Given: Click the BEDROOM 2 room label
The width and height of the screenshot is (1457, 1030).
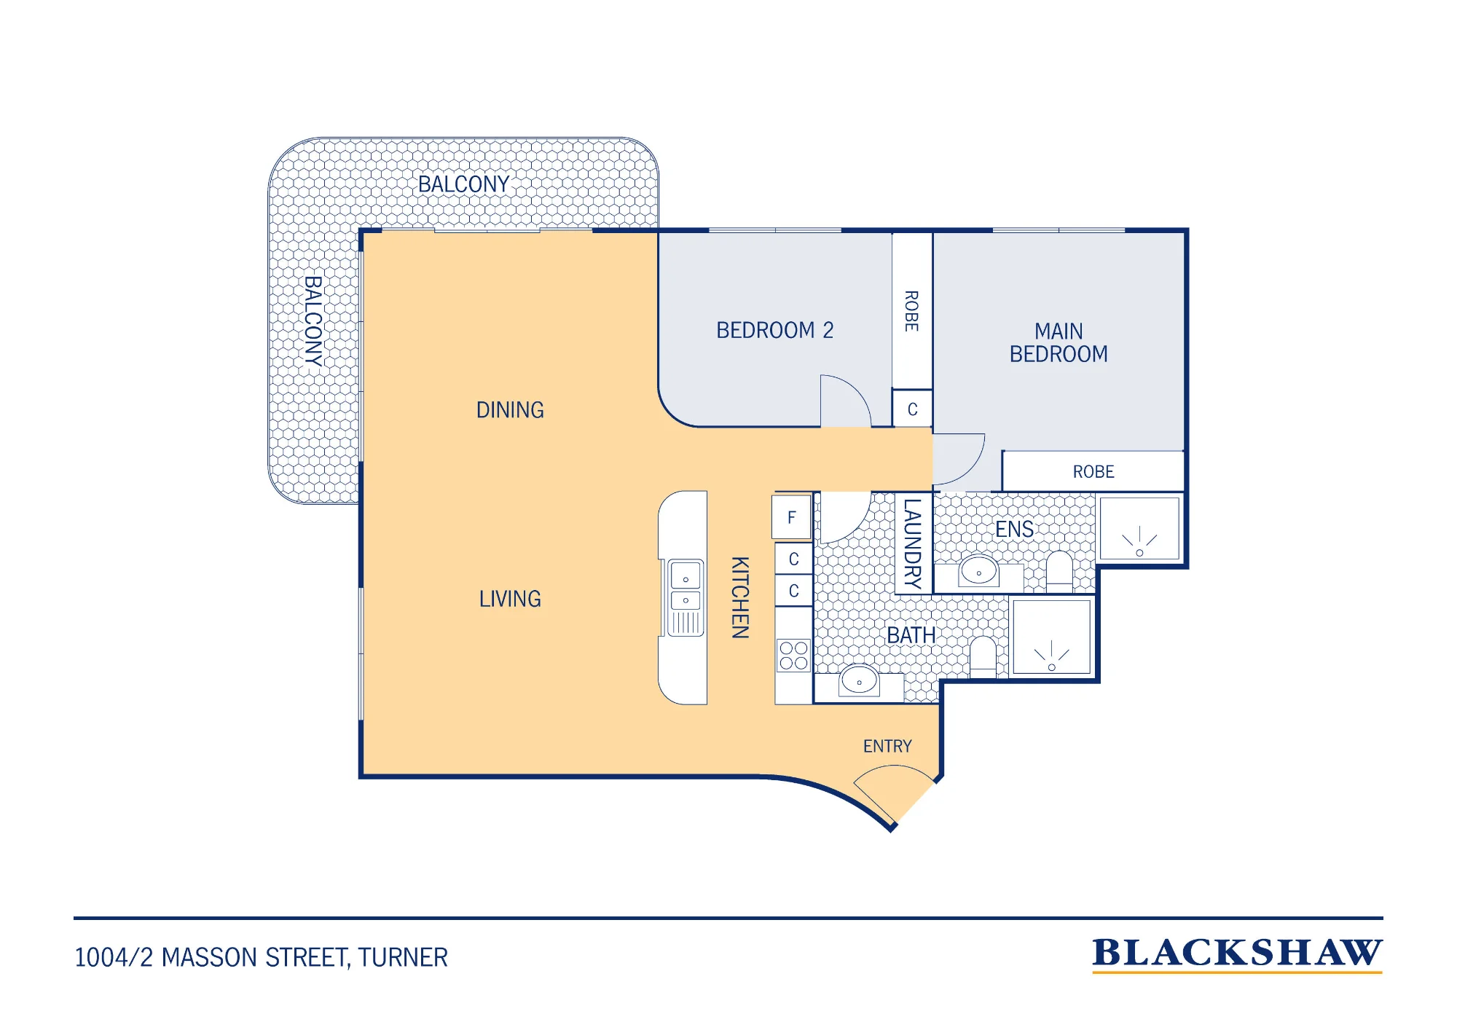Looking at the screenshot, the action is pos(774,330).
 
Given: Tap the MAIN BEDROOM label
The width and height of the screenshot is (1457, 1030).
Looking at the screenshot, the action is pos(1059,342).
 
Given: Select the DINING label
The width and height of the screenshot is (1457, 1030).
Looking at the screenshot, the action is pos(510,410).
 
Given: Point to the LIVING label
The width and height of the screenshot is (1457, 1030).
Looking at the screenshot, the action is pos(510,599).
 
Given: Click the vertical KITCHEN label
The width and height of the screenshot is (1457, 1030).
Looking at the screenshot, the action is pos(740,597).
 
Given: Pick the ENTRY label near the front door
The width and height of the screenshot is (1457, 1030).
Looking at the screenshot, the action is pos(887,746).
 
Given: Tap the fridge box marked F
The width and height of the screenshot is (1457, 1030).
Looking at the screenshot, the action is pos(792,517).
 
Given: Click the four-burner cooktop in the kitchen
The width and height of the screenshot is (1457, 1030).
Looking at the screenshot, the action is pos(793,655).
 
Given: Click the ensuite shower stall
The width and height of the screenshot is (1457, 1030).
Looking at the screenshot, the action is pos(1139,529).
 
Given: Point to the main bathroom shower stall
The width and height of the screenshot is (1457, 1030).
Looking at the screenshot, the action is pos(1051,637).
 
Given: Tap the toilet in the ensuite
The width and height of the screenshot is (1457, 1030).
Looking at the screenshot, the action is pos(1059,571).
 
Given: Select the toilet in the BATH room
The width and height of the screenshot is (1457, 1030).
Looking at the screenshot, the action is pos(983,656).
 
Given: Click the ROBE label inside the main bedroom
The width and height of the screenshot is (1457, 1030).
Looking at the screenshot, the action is pos(1093,472).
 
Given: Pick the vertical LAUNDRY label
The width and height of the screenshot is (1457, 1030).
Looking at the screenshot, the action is pos(913,543).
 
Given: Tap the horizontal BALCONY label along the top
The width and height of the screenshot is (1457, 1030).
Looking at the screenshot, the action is pos(463,184).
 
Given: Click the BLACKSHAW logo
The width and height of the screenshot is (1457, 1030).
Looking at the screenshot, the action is pos(1237,954).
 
